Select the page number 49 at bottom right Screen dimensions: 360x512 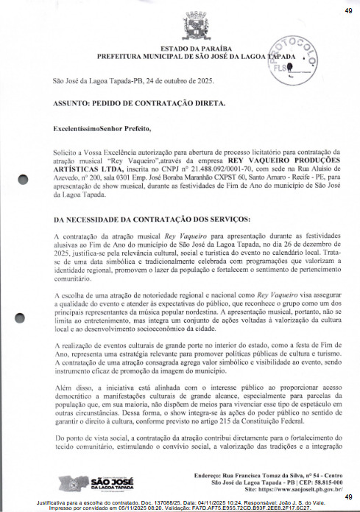pyautogui.click(x=347, y=497)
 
